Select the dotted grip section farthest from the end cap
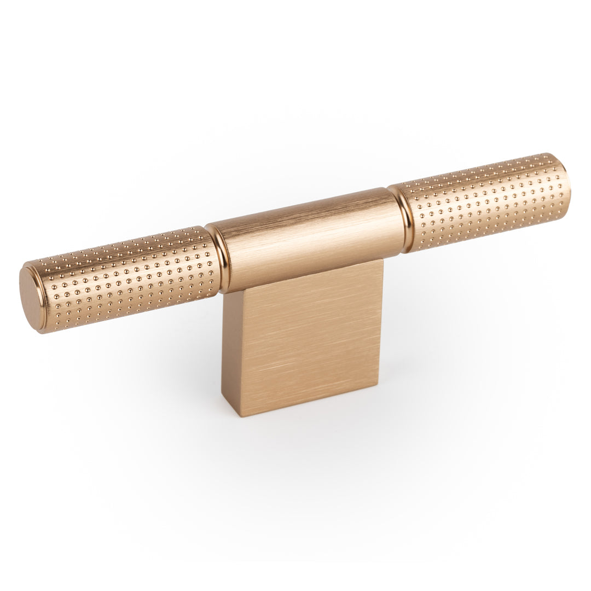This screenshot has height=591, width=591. coord(482,200)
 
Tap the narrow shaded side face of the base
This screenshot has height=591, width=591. coord(230,350)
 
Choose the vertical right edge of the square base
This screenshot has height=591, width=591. coord(381,323)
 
